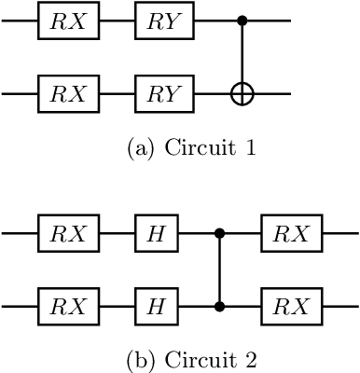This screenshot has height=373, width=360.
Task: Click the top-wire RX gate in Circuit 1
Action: (x=68, y=21)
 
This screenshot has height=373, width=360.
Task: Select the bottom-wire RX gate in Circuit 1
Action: (x=68, y=93)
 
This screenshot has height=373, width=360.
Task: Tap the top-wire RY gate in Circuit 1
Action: (x=164, y=21)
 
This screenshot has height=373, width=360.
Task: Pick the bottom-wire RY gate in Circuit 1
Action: (x=164, y=93)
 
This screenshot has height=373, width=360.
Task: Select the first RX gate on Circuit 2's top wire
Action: (x=68, y=232)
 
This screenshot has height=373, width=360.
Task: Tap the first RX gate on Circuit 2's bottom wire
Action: (x=68, y=305)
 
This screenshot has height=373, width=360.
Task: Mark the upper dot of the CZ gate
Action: (x=219, y=232)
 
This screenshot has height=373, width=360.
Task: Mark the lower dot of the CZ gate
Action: (x=219, y=305)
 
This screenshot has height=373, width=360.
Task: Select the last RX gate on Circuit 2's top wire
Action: (x=291, y=232)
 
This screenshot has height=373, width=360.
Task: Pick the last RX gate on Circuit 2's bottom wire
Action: (x=291, y=305)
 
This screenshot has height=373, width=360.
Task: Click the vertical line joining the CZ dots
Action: (x=219, y=269)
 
